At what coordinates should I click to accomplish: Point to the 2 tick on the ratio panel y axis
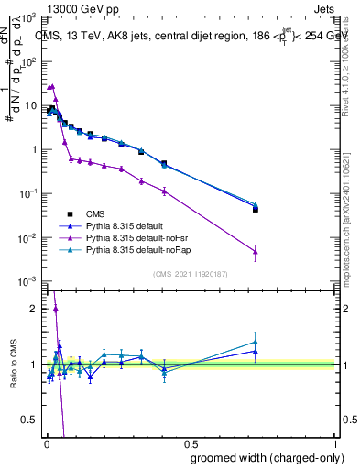tap(34, 309)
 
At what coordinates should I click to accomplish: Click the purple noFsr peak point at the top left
tap(52, 86)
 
